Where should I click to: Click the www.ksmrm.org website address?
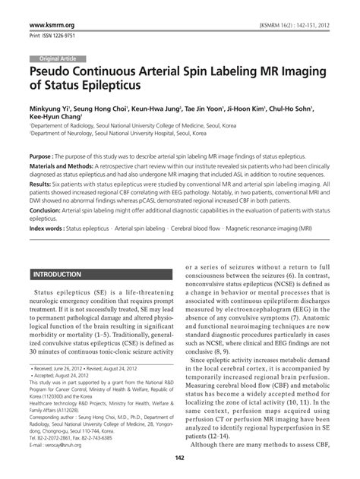point(52,26)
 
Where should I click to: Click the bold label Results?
point(43,184)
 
